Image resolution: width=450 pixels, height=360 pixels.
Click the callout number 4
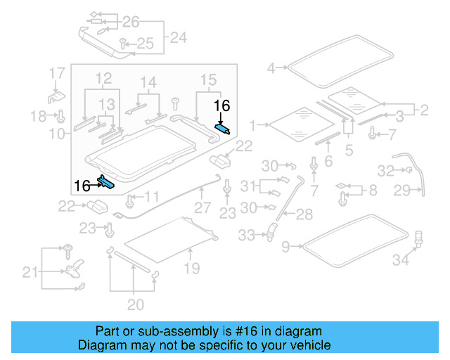point(272,68)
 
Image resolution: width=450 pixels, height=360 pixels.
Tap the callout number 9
point(285,247)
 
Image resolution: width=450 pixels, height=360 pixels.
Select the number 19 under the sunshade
point(191,268)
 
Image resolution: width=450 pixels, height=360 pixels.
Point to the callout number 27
point(202,207)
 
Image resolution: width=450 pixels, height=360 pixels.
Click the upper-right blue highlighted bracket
point(222,127)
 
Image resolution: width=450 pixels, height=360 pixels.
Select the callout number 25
point(144,44)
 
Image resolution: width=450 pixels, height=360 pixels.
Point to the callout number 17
point(57,72)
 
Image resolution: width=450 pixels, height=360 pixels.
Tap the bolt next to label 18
point(61,115)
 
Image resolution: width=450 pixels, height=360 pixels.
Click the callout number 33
point(247,236)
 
